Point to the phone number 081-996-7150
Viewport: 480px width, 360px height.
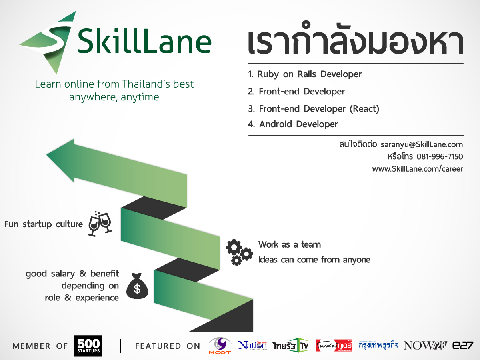pos(440,156)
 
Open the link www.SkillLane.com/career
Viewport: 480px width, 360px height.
pos(417,169)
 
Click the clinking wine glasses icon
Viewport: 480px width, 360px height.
pos(100,224)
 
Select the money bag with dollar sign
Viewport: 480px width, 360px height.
pos(137,286)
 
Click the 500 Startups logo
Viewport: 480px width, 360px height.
pos(88,346)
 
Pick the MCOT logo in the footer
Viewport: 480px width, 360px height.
pos(220,346)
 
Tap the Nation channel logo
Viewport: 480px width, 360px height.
pos(252,345)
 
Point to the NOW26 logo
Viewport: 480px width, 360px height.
pos(426,346)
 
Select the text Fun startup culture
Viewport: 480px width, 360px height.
pos(43,224)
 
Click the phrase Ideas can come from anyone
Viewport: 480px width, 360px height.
pos(314,260)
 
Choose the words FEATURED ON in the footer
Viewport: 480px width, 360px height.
pos(168,346)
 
